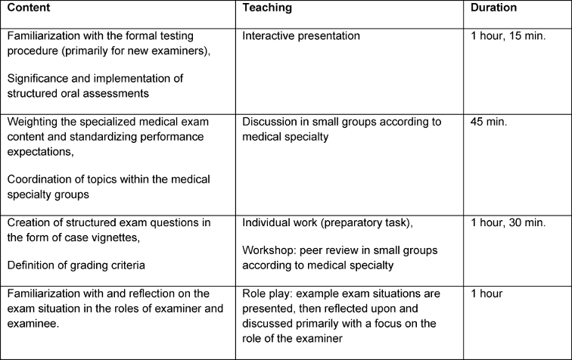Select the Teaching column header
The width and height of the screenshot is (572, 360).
point(266,8)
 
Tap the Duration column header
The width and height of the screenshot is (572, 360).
point(494,8)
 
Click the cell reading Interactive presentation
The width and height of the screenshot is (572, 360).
point(301,36)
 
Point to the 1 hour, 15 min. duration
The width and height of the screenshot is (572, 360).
point(508,36)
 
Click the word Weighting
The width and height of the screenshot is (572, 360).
point(31,121)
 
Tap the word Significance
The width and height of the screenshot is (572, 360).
point(37,78)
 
